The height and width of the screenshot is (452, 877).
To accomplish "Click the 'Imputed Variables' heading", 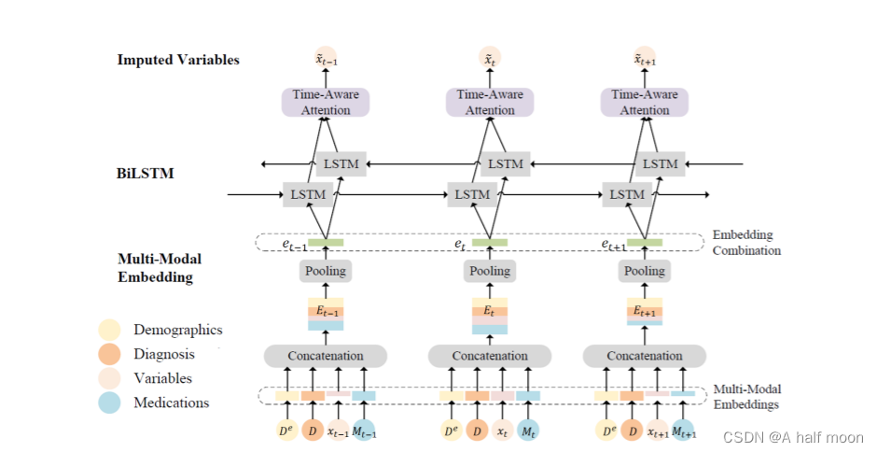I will [x=178, y=60].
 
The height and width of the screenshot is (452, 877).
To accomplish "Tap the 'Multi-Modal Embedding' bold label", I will [x=160, y=268].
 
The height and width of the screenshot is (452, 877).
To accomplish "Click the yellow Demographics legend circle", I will [x=109, y=330].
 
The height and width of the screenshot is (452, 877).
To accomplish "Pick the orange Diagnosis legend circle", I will [x=109, y=354].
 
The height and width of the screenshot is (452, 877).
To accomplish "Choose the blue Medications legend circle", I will [x=109, y=403].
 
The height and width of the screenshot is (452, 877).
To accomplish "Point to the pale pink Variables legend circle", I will [x=109, y=378].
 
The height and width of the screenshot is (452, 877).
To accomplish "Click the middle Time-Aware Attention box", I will [x=490, y=102].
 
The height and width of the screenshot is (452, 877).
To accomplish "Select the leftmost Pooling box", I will [x=325, y=271].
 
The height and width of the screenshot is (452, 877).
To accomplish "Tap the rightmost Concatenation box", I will [x=645, y=356].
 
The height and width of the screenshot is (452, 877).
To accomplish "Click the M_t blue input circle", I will [x=528, y=431].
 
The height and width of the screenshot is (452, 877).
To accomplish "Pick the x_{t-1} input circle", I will [x=338, y=431].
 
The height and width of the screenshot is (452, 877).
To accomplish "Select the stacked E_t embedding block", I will [x=490, y=316].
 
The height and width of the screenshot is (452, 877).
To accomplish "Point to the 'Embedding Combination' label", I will [x=746, y=243].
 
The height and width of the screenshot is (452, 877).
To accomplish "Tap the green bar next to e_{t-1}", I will [x=326, y=243].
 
